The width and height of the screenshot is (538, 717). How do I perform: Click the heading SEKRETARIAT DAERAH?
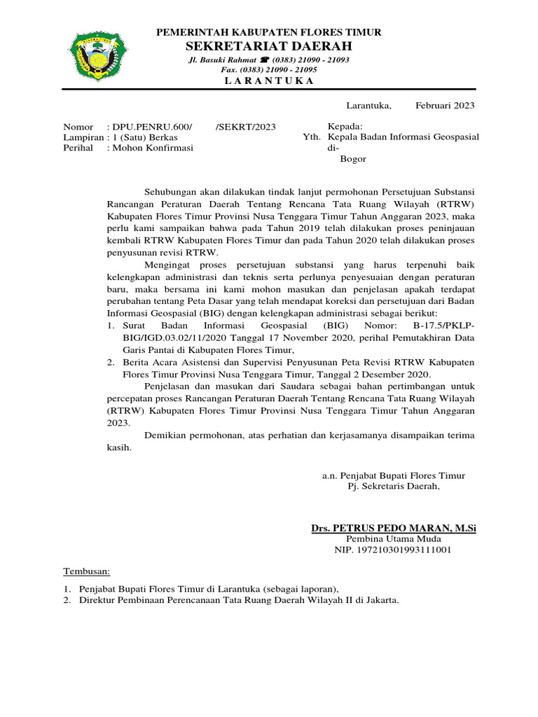[269, 46]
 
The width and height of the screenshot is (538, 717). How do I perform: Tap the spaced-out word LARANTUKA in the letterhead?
[269, 81]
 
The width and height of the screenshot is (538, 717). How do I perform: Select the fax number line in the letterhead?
[269, 70]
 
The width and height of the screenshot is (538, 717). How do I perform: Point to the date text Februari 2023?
[445, 106]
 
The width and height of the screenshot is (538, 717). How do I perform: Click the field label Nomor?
[78, 127]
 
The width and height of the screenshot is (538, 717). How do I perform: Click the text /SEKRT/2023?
[245, 127]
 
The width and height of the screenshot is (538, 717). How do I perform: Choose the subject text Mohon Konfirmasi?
[153, 148]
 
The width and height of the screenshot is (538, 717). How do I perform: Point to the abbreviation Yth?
[310, 137]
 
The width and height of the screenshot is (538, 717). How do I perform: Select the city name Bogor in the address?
[353, 159]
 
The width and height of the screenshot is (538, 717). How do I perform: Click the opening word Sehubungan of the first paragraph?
[172, 191]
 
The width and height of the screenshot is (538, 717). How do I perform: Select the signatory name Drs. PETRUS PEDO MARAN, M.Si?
[394, 527]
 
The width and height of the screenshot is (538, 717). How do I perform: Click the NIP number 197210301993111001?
[392, 550]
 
